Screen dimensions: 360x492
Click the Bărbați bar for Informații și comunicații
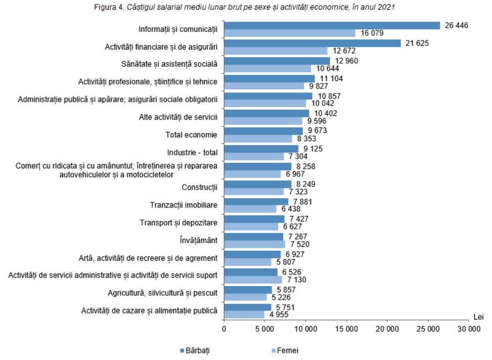coord(332,26)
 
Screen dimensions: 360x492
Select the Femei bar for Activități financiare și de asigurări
coord(276,51)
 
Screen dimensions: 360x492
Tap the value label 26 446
coord(457,25)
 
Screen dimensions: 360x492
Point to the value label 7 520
coord(298,244)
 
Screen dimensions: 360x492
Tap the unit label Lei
coord(478,317)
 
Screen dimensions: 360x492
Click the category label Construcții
coord(199,188)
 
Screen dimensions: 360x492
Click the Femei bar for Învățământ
coord(254,244)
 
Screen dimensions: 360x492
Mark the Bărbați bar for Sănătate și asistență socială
coord(277,61)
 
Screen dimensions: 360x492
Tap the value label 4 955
coord(279,314)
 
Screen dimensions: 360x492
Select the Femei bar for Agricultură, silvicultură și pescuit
coord(245,297)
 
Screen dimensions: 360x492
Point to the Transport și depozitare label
coord(178,222)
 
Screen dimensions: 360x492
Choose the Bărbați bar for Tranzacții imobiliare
coord(256,202)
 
